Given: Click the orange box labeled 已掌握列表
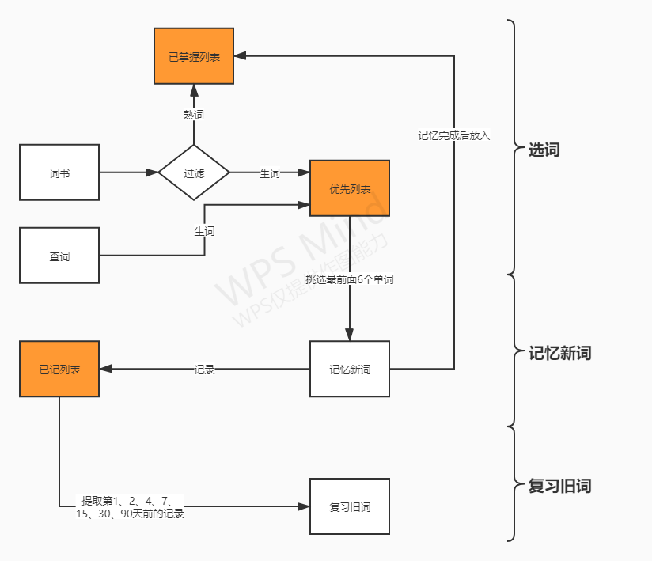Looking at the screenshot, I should point(194,55).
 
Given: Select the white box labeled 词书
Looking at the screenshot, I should point(59,172).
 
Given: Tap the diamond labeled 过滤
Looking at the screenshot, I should point(194,172).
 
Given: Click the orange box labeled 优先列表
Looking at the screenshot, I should point(350,188).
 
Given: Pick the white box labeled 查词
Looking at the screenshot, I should point(59,256).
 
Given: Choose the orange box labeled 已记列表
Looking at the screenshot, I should point(59,369).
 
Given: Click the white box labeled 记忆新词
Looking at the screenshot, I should point(350,369).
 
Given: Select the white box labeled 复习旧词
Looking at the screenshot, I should point(350,506).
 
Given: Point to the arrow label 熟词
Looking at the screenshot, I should point(194,115).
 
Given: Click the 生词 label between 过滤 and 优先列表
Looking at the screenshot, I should point(270,173).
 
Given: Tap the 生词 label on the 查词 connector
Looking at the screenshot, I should point(204,231).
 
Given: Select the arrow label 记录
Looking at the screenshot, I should point(204,370).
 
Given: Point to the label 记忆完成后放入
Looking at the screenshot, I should point(454,135).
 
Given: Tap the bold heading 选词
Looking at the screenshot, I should point(544,150).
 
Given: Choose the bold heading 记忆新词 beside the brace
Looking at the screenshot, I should point(559,354).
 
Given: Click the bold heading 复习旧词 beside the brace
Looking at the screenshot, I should point(559,486).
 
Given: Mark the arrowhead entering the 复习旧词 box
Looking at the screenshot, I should point(304,506).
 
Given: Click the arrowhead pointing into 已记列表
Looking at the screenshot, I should point(105,369).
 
